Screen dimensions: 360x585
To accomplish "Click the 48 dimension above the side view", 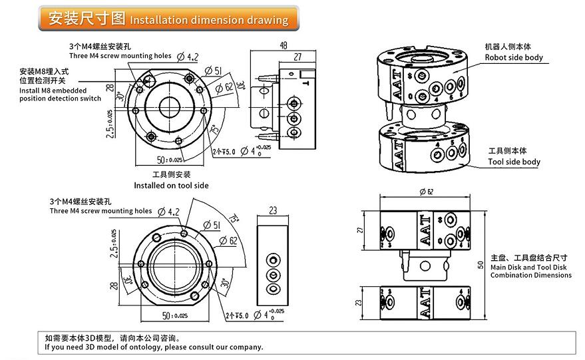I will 284,46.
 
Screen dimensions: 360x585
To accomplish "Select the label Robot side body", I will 513,57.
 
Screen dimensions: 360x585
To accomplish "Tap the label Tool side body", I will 514,162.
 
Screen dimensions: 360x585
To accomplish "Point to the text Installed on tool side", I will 171,185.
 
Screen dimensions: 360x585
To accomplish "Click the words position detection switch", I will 60,98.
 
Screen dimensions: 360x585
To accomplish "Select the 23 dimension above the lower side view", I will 273,210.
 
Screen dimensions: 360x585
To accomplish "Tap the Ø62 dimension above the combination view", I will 427,192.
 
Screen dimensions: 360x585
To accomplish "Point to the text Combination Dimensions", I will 530,275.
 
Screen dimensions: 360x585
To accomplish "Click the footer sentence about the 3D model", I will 154,347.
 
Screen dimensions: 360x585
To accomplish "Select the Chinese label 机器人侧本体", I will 508,47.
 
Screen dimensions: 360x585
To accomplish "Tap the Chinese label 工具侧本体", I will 508,151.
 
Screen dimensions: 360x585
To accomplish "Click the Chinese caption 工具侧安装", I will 172,174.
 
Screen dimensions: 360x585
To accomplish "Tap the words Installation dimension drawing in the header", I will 209,20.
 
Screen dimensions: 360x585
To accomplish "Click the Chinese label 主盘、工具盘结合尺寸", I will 528,258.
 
